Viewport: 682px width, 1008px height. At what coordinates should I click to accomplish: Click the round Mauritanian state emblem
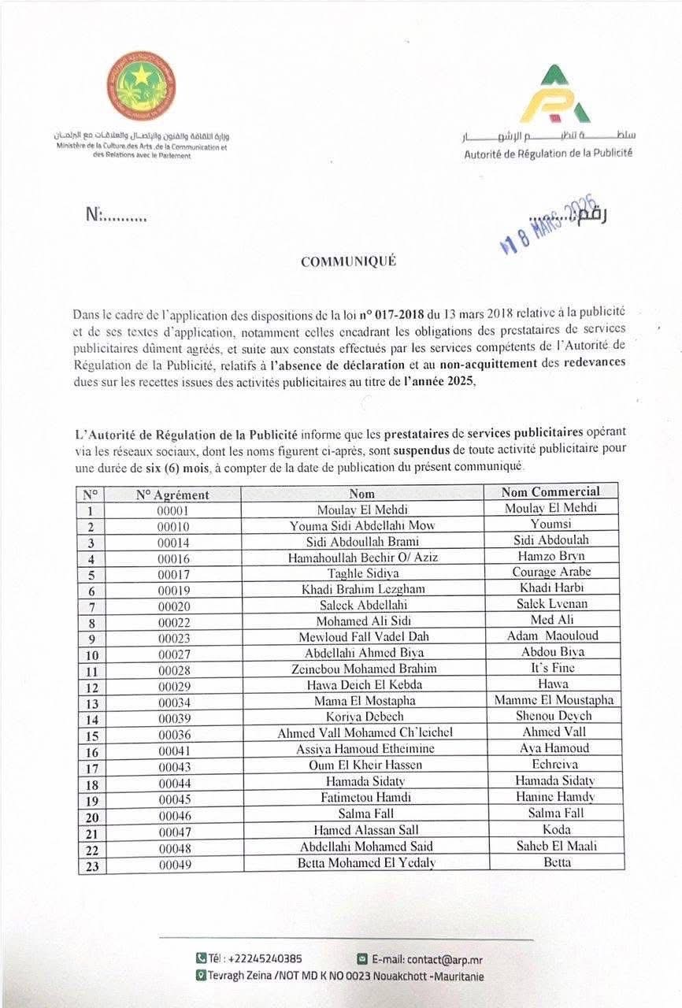[x=141, y=86]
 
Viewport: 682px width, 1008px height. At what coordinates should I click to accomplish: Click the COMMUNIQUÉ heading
[x=348, y=262]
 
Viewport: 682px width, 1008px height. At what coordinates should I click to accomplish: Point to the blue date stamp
[x=550, y=225]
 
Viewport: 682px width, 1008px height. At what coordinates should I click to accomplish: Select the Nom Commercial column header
[x=550, y=492]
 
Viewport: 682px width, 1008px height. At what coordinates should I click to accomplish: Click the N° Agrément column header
[x=172, y=495]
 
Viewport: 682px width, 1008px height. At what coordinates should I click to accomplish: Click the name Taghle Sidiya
[x=362, y=574]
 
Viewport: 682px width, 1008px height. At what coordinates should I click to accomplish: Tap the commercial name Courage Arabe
[x=551, y=572]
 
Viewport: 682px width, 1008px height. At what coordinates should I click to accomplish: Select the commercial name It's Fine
[x=551, y=668]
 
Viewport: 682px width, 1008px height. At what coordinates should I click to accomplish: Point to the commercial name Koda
[x=551, y=829]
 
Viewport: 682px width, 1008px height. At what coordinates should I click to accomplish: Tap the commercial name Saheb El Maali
[x=551, y=846]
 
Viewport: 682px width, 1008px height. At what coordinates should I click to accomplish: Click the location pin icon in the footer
[x=201, y=976]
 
